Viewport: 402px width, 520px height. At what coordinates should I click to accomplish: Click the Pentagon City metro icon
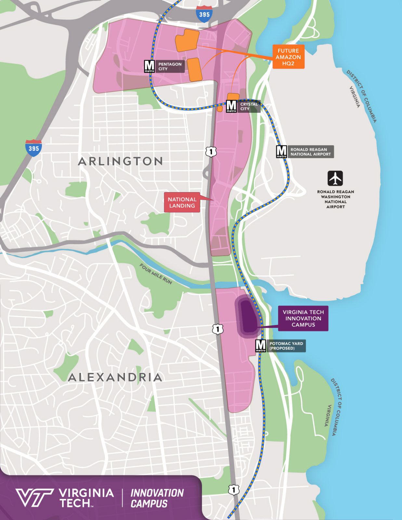click(149, 66)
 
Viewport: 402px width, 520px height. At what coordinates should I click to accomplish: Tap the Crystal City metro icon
click(231, 106)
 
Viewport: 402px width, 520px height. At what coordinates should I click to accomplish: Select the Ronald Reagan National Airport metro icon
click(281, 151)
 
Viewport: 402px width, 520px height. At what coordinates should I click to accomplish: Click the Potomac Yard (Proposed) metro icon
click(261, 346)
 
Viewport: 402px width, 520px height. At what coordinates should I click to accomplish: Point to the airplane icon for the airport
click(335, 178)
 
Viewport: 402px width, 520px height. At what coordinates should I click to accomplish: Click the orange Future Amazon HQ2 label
click(288, 57)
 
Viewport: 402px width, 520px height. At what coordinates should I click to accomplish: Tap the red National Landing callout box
click(182, 202)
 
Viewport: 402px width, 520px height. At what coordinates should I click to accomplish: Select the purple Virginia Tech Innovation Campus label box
click(303, 318)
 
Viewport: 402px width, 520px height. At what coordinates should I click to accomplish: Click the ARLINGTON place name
click(120, 161)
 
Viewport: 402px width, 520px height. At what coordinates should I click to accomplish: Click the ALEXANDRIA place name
click(115, 377)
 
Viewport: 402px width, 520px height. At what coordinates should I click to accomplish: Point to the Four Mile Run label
click(156, 274)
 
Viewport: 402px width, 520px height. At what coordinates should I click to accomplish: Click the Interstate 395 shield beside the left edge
click(33, 148)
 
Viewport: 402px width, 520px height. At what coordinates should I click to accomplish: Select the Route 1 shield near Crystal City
click(211, 151)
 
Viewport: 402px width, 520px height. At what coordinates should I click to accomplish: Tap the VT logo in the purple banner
click(34, 498)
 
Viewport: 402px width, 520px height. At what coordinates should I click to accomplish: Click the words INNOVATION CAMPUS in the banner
click(157, 498)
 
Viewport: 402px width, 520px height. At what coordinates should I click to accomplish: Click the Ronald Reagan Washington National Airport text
click(335, 199)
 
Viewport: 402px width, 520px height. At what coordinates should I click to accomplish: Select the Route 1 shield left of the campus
click(217, 329)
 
